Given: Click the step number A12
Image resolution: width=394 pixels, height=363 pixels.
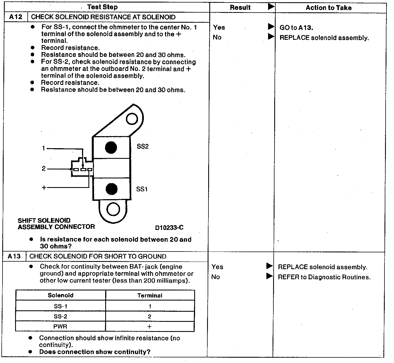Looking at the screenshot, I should pos(15,17).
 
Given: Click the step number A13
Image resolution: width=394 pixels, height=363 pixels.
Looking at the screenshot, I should pos(14,256).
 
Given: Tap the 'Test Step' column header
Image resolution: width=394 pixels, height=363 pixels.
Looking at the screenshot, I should pos(102,7).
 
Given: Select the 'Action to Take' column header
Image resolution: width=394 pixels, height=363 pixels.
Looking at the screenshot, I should pos(329,8).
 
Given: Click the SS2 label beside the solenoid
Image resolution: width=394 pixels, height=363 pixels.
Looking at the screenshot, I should pos(142,146).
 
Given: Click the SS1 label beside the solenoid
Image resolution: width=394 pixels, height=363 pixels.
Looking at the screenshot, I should pos(142,189).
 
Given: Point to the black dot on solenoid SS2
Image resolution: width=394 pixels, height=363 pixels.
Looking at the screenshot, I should pos(111,148).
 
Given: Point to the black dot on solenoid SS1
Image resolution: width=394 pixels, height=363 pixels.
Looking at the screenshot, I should pos(112,189).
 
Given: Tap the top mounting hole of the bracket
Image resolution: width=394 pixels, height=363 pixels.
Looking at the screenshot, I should pos(132,119).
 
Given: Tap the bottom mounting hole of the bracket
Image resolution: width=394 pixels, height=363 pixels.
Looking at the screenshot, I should pos(113,209).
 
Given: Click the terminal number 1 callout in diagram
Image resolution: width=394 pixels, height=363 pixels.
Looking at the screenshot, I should pos(43,148).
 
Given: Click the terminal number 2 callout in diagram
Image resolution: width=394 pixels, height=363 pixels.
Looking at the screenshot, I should pos(43,168).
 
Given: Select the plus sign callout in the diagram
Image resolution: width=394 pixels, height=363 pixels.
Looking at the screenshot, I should pos(44,187).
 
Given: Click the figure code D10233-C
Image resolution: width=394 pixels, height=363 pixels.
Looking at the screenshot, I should pos(169,227).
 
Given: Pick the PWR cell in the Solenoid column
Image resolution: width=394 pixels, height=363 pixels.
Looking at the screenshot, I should pos(60,327).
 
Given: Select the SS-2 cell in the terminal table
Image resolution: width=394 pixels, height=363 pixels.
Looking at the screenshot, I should pos(60,317).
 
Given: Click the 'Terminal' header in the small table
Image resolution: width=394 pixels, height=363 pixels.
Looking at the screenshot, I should pos(150,295).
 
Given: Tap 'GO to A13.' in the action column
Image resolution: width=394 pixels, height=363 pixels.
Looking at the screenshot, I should pos(296,27).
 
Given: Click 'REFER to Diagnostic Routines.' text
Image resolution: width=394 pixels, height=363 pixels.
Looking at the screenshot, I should pos(324,277).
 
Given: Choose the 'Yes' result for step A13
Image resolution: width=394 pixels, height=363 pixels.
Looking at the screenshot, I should pos(217,267).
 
